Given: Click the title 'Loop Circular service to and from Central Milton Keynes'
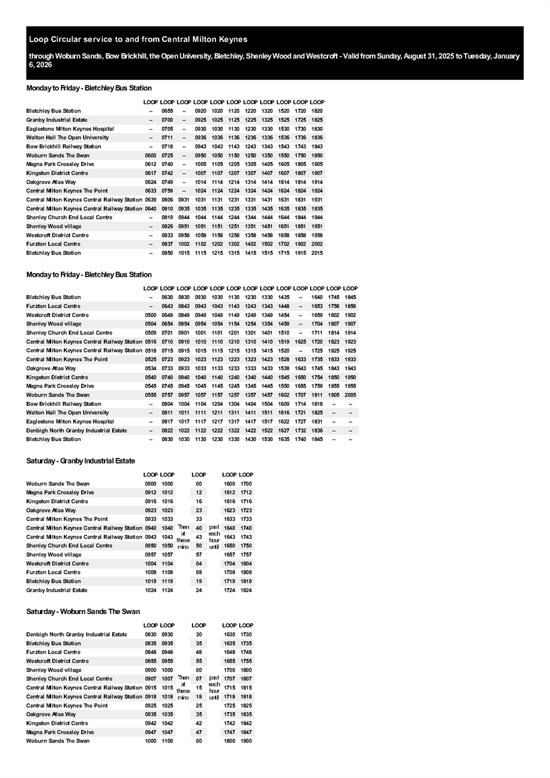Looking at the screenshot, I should tap(138, 40).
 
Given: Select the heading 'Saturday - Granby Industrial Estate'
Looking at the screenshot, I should tap(80, 461).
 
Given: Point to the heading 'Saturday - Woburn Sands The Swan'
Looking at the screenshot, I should tap(83, 611).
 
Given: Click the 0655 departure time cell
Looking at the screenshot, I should tap(167, 111).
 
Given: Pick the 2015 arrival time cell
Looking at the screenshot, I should tap(317, 253).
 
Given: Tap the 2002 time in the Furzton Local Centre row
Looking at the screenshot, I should tap(317, 244).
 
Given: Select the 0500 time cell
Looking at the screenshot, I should tap(150, 315).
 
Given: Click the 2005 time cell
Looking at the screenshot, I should tap(350, 395).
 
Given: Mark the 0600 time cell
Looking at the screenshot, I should tap(150, 156).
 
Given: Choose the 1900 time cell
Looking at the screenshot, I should tap(246, 741).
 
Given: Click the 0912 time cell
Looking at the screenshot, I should tap(150, 493).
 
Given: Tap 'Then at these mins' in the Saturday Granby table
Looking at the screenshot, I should tap(183, 537).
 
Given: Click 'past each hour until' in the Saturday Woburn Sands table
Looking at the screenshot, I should tap(215, 688).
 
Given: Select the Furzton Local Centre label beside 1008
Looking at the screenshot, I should tap(53, 572).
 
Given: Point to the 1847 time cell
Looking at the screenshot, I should tap(246, 732).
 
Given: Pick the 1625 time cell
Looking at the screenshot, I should tap(300, 342).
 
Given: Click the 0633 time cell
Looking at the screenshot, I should tap(150, 191).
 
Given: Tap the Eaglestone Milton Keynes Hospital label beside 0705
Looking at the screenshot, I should tap(70, 129).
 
